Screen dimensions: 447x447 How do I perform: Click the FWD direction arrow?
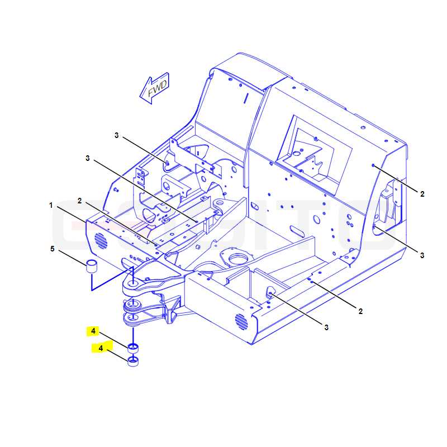pos(155,88)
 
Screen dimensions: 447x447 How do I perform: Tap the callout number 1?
pos(51,205)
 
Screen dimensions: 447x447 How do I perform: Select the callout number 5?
pos(52,249)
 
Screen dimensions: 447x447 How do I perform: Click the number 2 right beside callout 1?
pos(79,201)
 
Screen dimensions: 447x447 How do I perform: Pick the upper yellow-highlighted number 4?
pos(93,331)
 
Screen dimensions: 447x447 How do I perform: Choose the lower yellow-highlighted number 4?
pos(101,348)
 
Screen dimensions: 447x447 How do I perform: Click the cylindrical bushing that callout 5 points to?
pos(92,267)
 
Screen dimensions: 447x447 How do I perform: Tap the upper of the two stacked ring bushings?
pos(133,348)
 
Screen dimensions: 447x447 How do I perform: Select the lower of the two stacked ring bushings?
pos(133,362)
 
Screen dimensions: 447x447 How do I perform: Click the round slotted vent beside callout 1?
pos(101,240)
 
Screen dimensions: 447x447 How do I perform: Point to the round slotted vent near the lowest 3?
pos(241,322)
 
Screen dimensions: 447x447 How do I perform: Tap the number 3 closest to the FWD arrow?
pos(117,135)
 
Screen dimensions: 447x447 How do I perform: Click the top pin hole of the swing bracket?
pos(133,284)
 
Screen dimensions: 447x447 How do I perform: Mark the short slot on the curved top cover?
pos(246,98)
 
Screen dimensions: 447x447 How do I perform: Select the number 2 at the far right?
pos(422,194)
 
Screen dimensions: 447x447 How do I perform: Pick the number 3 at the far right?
pos(422,255)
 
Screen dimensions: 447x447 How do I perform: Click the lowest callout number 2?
pos(360,311)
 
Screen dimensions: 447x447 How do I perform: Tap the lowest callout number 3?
pos(326,327)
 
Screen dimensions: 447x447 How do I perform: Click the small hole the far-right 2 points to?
pos(373,165)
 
